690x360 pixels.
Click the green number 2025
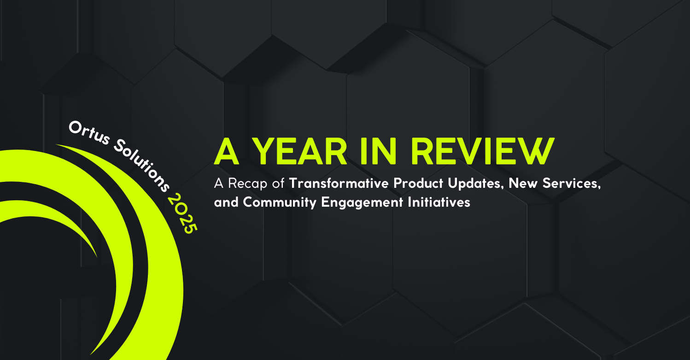click(x=183, y=214)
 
